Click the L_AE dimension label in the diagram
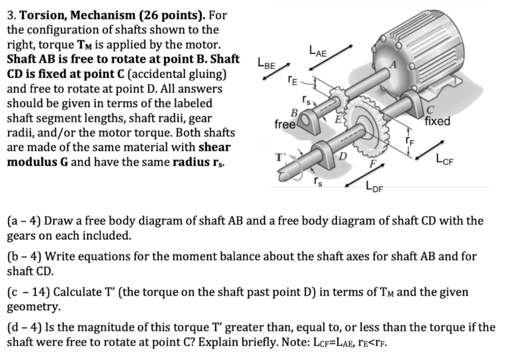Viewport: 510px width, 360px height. click(319, 50)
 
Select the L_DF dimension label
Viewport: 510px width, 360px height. click(375, 187)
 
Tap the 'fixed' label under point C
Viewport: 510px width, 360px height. click(438, 121)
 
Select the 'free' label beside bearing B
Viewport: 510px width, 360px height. click(284, 124)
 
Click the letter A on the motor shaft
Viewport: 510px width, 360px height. click(394, 65)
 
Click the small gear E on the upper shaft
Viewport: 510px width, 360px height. click(336, 98)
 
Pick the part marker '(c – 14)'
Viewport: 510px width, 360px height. click(29, 292)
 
